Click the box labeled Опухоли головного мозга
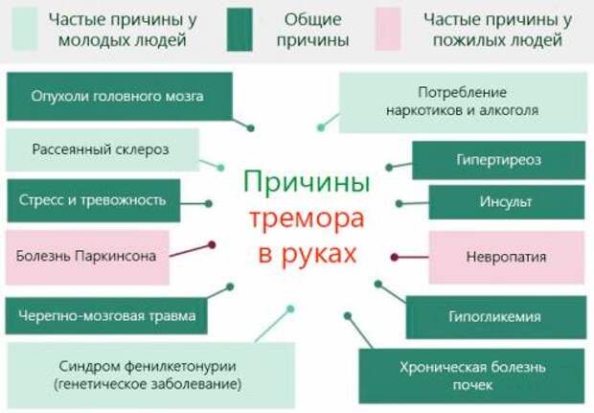pyautogui.click(x=119, y=97)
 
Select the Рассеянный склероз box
pyautogui.click(x=101, y=149)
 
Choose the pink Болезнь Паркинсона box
pyautogui.click(x=87, y=255)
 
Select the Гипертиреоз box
pyautogui.click(x=498, y=160)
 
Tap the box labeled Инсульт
pyautogui.click(x=506, y=202)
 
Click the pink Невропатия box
pyautogui.click(x=506, y=256)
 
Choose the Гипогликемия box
pyautogui.click(x=494, y=316)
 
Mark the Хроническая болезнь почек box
pyautogui.click(x=471, y=376)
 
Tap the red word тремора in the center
pyautogui.click(x=306, y=218)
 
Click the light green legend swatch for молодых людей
pyautogui.click(x=25, y=30)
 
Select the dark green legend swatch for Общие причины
pyautogui.click(x=239, y=30)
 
